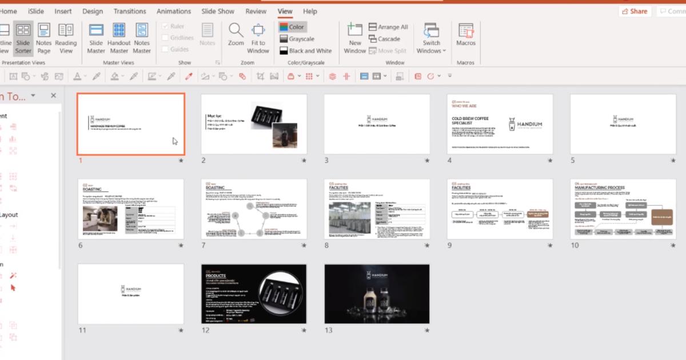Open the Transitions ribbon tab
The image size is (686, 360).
(x=130, y=11)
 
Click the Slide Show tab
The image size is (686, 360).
(x=218, y=11)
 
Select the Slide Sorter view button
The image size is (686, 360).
(x=23, y=38)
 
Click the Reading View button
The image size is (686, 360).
(x=66, y=38)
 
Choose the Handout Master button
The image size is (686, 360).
(x=119, y=38)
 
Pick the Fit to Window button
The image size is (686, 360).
(x=258, y=38)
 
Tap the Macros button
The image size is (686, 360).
(x=466, y=35)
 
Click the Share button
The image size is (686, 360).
(x=634, y=11)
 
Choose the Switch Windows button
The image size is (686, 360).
(x=432, y=38)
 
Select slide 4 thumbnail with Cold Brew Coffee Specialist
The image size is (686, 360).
(x=500, y=124)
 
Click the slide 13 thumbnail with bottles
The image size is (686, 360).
(x=377, y=294)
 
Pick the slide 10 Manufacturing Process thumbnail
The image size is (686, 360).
(x=623, y=209)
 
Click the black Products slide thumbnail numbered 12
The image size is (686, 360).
(x=254, y=294)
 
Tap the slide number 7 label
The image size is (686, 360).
(x=204, y=246)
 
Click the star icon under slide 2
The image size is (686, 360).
(x=304, y=161)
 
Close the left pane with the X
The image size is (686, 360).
(x=53, y=96)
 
